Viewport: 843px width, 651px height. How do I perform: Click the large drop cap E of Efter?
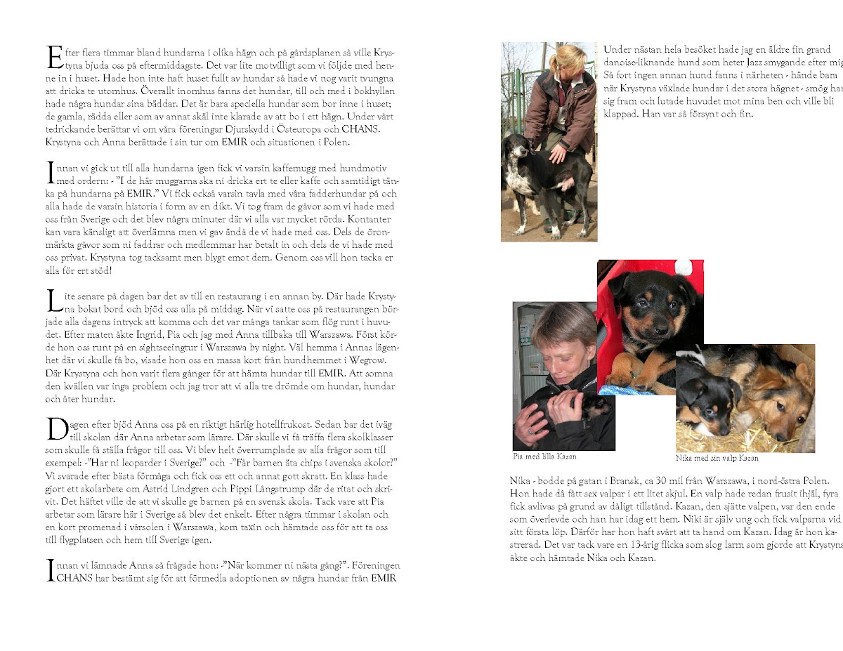[53, 58]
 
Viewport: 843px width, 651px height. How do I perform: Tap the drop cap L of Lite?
[53, 299]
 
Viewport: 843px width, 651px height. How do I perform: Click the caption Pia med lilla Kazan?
[545, 456]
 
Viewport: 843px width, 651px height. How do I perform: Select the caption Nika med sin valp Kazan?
[717, 458]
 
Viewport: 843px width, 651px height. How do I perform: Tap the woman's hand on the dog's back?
[559, 150]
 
